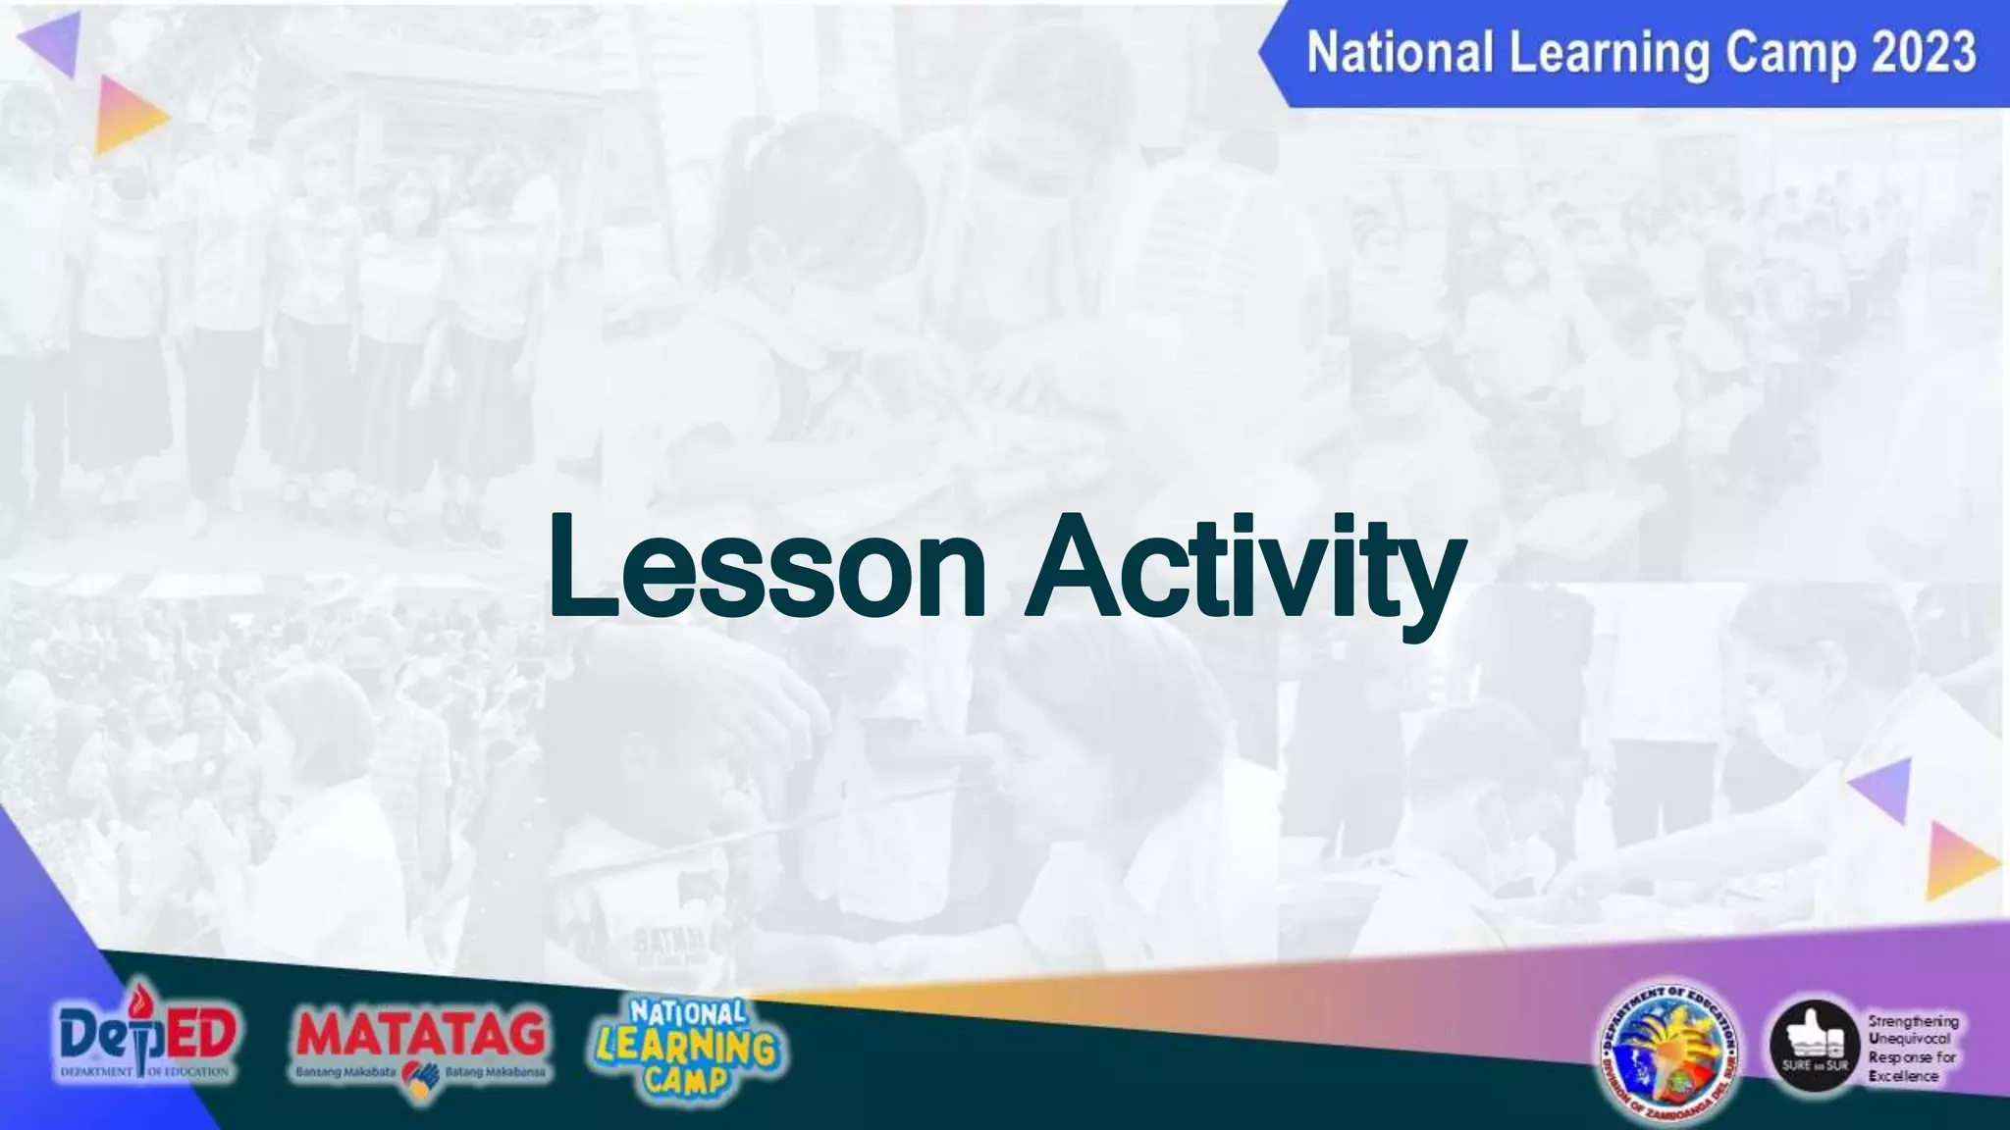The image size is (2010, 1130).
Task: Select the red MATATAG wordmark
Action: tap(420, 1033)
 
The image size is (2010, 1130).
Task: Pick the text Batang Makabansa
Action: tap(495, 1072)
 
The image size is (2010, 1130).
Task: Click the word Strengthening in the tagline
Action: tap(1913, 1021)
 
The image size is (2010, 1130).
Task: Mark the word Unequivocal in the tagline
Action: tap(1909, 1039)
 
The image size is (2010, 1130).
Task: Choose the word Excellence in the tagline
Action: tap(1903, 1076)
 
